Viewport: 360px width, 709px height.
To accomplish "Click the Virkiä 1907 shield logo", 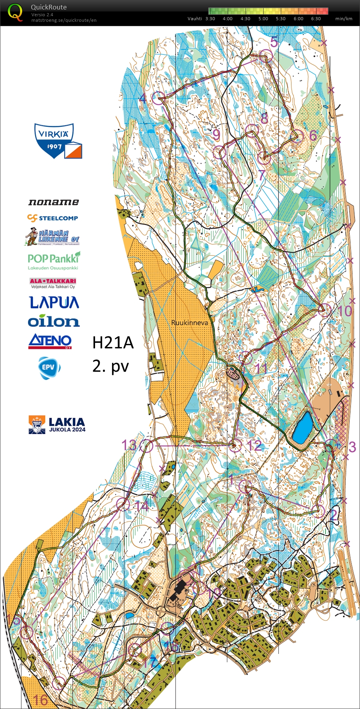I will point(57,141).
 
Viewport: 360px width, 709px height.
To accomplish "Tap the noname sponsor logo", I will point(53,202).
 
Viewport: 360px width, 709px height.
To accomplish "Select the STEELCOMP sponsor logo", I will point(53,218).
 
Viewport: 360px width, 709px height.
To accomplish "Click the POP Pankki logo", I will point(53,260).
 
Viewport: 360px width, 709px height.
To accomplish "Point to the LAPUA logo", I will point(54,302).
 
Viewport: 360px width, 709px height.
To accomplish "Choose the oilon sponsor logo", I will point(54,321).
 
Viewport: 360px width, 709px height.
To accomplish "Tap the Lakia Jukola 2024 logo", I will point(57,424).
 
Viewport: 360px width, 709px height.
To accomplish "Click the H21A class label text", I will point(113,343).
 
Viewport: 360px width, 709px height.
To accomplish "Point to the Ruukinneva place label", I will point(189,323).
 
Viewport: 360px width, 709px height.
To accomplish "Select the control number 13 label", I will point(129,445).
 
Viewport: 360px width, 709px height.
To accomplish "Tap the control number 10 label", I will point(346,311).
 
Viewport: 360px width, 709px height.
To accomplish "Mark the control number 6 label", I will point(313,136).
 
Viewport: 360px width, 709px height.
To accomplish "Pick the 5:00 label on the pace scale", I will point(263,19).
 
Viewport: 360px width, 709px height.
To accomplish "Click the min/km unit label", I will point(343,19).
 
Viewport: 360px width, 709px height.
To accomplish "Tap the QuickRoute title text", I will point(49,7).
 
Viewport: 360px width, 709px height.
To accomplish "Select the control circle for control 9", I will point(219,152).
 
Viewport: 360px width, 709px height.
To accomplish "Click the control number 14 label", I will point(141,505).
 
